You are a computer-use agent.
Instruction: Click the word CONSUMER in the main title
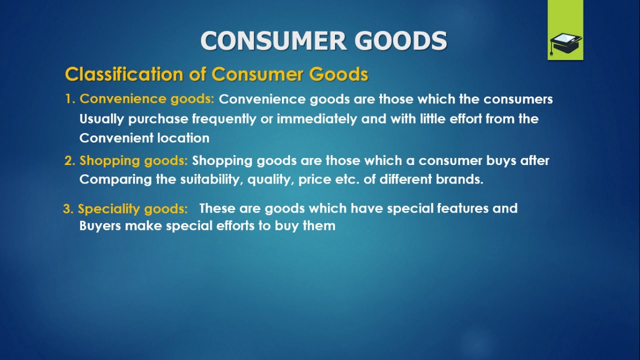point(273,41)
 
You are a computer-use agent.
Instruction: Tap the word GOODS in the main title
point(400,41)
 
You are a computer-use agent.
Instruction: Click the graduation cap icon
point(565,44)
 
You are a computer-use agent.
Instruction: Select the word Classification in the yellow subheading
point(124,74)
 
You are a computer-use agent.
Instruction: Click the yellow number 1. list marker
point(70,99)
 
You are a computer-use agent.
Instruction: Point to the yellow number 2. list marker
point(70,160)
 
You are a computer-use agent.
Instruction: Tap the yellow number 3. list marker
point(68,209)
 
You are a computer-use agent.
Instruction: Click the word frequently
point(224,119)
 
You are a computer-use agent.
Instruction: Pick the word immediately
point(317,119)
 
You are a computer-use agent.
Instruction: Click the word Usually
point(101,119)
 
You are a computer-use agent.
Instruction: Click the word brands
point(459,179)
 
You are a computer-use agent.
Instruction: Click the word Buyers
point(100,226)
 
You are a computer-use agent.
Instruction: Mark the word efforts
point(235,225)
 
